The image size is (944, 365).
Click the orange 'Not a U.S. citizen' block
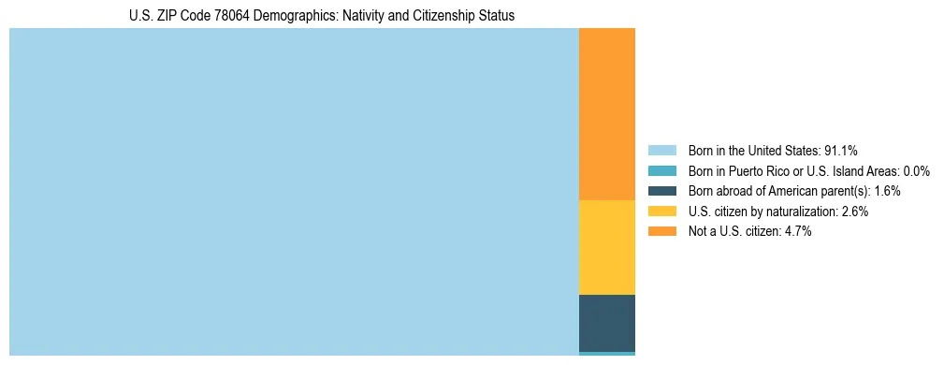coord(607,114)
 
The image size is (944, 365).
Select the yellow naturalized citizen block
coord(607,247)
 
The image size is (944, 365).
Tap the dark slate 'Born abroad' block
coord(607,323)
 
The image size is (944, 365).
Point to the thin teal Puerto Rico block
coord(607,354)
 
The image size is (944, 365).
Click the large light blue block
coord(294,192)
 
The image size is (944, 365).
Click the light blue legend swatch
coord(661,150)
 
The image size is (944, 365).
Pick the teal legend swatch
coord(661,170)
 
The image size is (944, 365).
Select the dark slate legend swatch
coord(661,191)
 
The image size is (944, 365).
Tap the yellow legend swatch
coord(661,212)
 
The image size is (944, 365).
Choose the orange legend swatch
coord(661,231)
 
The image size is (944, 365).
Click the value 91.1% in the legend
coord(841,150)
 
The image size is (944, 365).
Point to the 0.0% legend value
coord(915,170)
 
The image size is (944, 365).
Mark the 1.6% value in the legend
coord(887,191)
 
